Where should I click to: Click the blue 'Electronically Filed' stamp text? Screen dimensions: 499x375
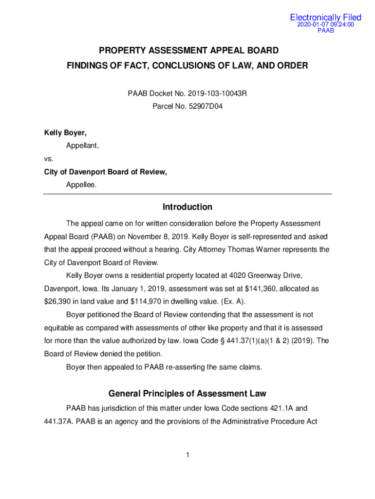(x=325, y=18)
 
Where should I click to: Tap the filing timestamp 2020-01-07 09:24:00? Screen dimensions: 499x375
(x=325, y=25)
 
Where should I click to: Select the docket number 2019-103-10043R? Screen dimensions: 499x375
(x=219, y=93)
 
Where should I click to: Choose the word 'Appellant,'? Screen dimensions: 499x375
(x=82, y=145)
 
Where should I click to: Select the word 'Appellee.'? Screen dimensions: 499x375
(x=81, y=184)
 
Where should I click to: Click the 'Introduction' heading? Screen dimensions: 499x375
(x=187, y=207)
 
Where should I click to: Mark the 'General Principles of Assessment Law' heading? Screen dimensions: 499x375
(x=187, y=393)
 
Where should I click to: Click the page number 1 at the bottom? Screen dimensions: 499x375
(x=187, y=455)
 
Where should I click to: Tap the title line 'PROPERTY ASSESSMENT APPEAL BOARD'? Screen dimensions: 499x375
(x=189, y=51)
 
